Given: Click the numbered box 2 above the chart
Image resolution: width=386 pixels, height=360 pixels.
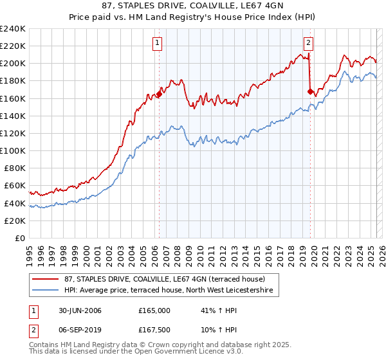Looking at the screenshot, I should (309, 43).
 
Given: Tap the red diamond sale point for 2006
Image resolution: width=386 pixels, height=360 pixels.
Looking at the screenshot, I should (159, 94).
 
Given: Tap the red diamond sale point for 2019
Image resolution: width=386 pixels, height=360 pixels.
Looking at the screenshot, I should (310, 91).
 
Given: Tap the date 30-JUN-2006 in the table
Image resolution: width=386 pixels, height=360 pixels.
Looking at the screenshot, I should (86, 310).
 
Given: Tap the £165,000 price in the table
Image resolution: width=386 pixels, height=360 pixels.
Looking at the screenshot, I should (153, 310).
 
